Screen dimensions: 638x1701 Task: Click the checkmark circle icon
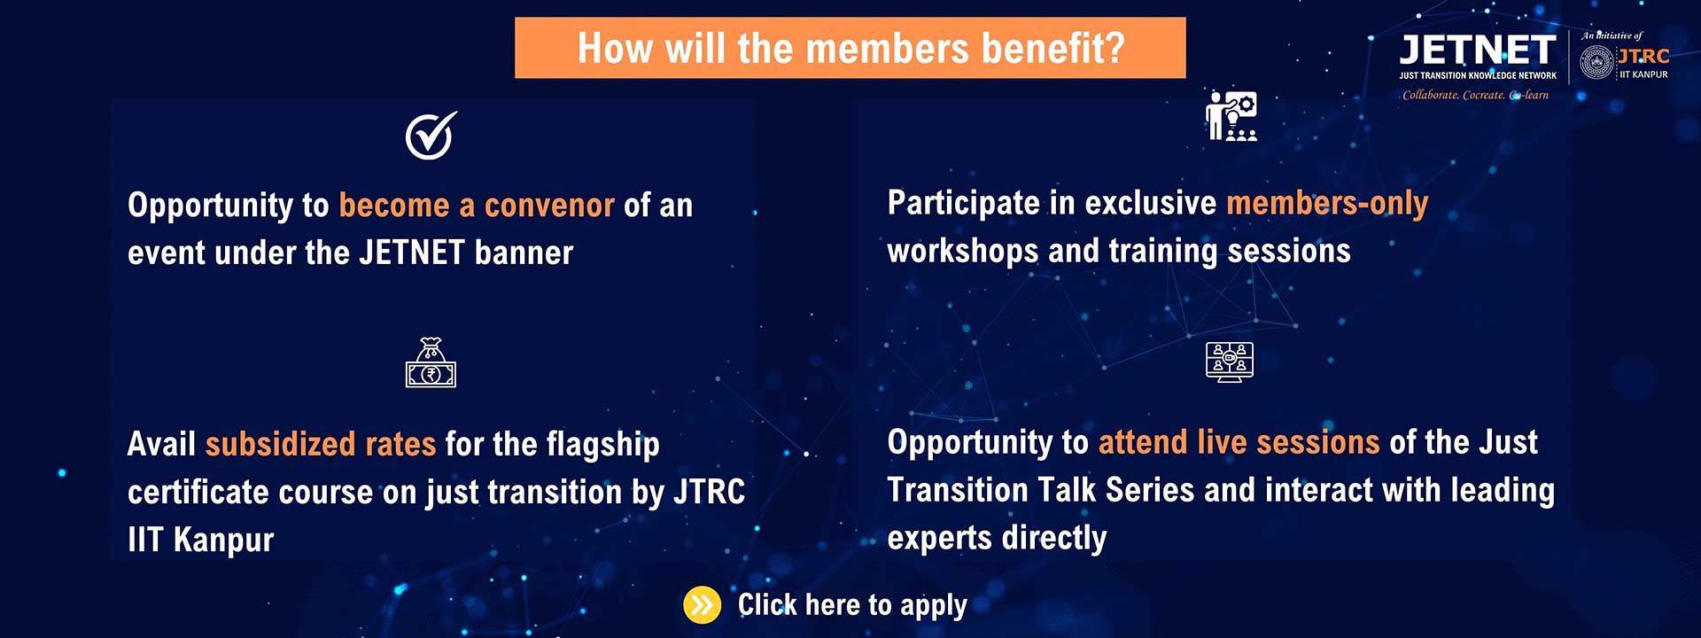431,136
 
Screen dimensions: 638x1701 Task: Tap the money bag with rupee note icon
431,363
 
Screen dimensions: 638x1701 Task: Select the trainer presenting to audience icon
1231,116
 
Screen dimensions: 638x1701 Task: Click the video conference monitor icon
1230,362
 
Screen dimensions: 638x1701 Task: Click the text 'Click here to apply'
852,605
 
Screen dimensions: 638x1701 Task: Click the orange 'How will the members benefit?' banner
850,48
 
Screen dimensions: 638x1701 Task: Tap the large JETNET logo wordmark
1477,50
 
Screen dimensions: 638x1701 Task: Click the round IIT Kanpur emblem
1596,63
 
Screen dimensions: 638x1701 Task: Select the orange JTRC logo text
1644,56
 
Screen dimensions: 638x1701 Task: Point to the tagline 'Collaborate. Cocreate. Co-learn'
1475,95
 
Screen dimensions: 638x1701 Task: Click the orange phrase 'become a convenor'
477,206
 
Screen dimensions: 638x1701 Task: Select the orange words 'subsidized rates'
321,443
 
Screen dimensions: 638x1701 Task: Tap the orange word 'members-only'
1326,204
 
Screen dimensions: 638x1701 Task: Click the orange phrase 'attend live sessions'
1239,441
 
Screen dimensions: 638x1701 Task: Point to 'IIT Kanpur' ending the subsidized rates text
201,540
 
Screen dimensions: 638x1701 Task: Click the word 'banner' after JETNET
524,253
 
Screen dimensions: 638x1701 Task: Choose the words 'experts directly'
997,538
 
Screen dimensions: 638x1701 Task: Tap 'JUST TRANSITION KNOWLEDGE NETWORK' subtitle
1477,76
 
